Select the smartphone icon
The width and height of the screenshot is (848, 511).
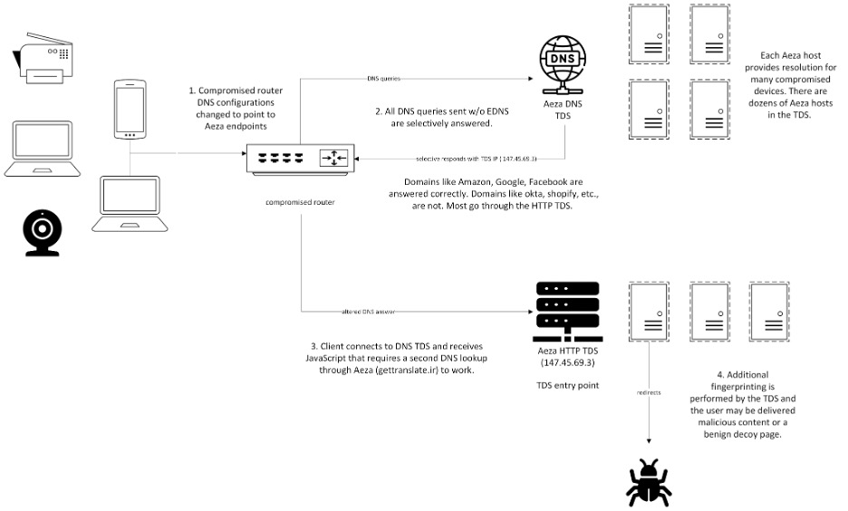point(129,110)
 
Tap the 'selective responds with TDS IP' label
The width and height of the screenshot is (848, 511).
point(469,159)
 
